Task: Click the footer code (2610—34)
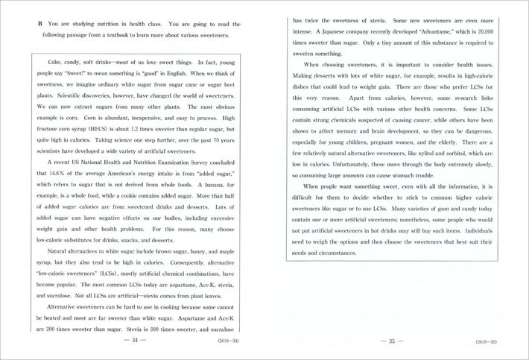[227, 341]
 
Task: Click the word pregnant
[402, 142]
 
